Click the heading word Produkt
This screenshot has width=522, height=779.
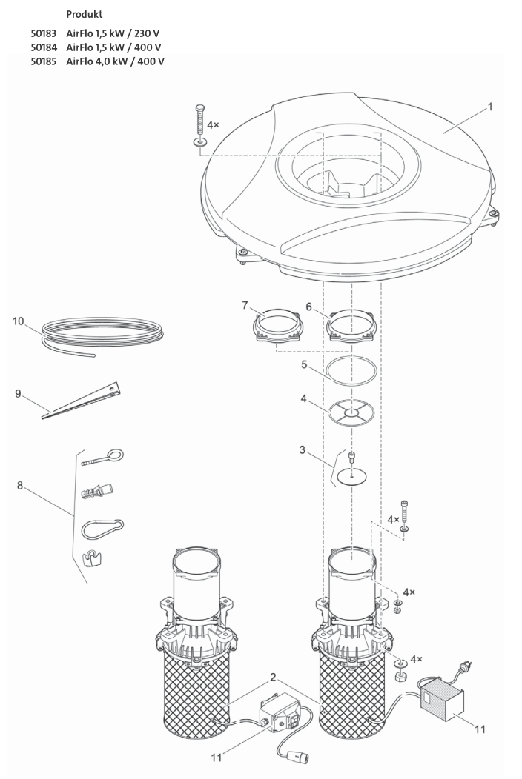click(x=85, y=15)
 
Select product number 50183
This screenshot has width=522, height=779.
click(x=44, y=34)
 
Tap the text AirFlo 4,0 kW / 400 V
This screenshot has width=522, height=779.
click(x=115, y=61)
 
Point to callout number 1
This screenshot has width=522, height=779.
click(x=489, y=107)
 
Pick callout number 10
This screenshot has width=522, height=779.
click(x=19, y=321)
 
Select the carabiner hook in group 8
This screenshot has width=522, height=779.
click(x=99, y=529)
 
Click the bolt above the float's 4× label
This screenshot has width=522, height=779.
click(x=199, y=118)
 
